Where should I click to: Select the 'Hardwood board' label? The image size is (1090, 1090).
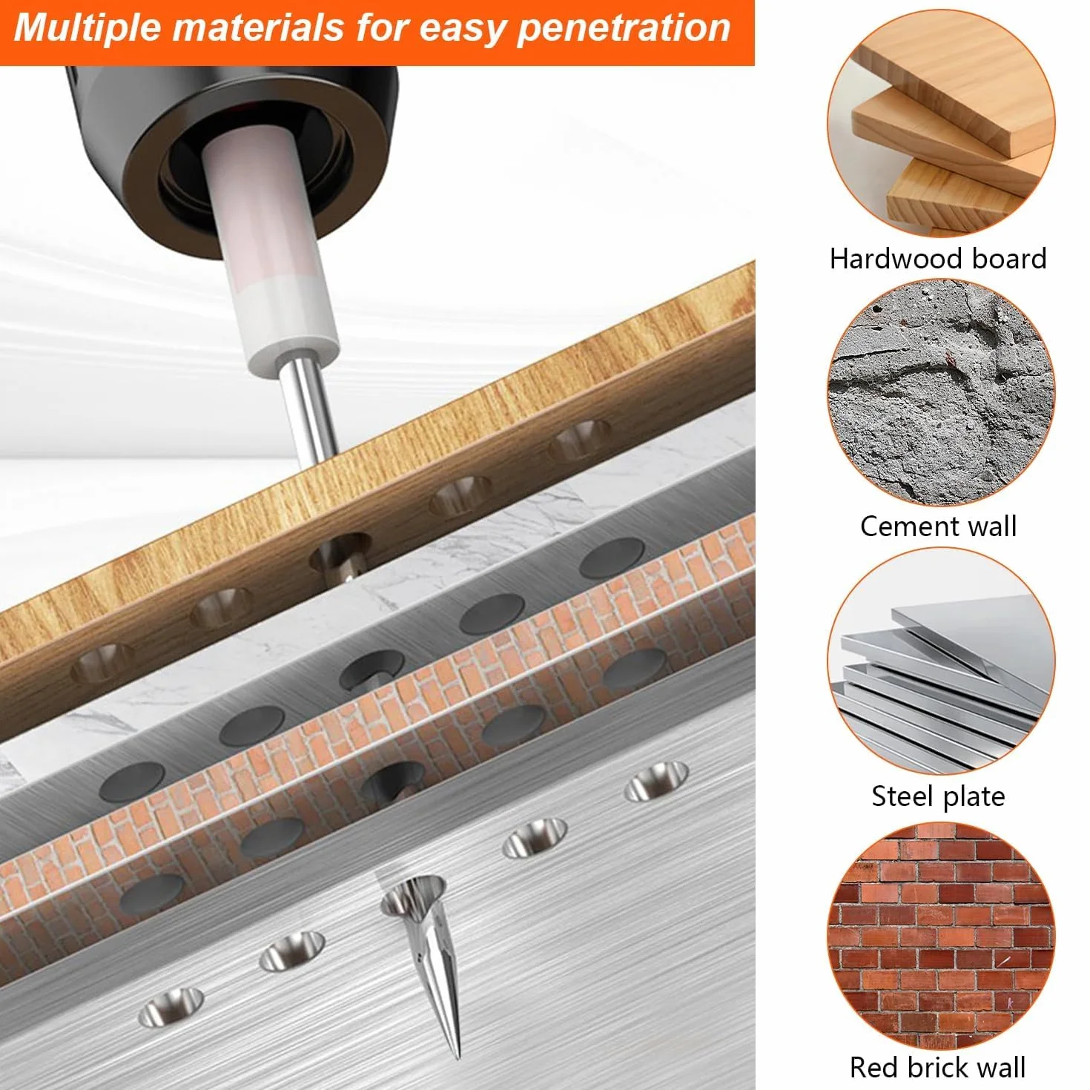[x=938, y=259]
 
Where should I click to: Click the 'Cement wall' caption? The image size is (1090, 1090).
[x=939, y=526]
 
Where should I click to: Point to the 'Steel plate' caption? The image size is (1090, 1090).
[x=939, y=796]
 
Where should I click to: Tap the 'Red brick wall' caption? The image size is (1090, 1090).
[x=938, y=1067]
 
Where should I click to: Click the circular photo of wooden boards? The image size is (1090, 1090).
[x=941, y=122]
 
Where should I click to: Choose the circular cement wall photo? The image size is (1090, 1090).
[x=941, y=392]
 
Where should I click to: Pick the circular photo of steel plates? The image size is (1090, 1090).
[x=941, y=662]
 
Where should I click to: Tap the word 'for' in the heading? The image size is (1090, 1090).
[x=380, y=28]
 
